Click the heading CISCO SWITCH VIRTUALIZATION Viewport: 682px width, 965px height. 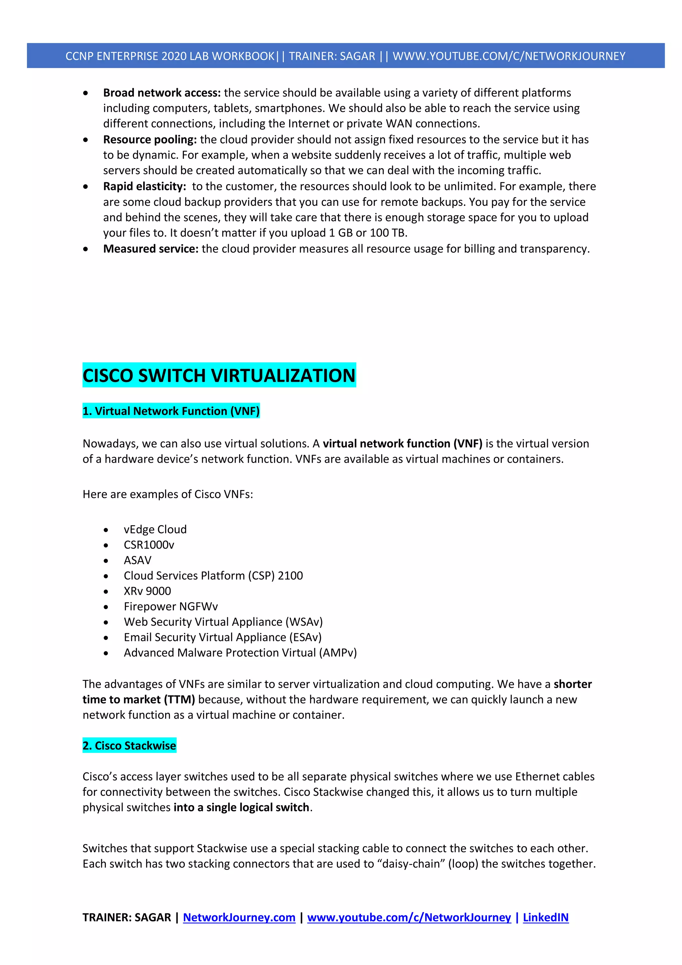coord(219,375)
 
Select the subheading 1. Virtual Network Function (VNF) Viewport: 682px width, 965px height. coord(171,411)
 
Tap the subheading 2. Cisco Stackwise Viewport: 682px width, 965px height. coord(130,745)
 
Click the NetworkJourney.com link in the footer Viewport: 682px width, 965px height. coord(239,917)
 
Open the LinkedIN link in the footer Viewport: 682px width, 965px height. coord(545,917)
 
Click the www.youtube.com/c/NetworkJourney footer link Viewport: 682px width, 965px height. coord(409,917)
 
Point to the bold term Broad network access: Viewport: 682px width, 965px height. coord(162,93)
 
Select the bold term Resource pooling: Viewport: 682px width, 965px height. coord(150,140)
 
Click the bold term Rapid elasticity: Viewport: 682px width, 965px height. coord(145,186)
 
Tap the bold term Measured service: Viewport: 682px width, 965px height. coord(151,249)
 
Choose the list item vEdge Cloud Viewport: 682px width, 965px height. coord(155,529)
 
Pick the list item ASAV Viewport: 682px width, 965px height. coord(138,560)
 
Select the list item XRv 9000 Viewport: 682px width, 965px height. coord(147,591)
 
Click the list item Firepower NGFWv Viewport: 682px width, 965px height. coord(170,607)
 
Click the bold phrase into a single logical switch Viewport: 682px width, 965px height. coord(241,807)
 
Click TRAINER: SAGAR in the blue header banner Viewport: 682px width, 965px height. coord(332,56)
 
